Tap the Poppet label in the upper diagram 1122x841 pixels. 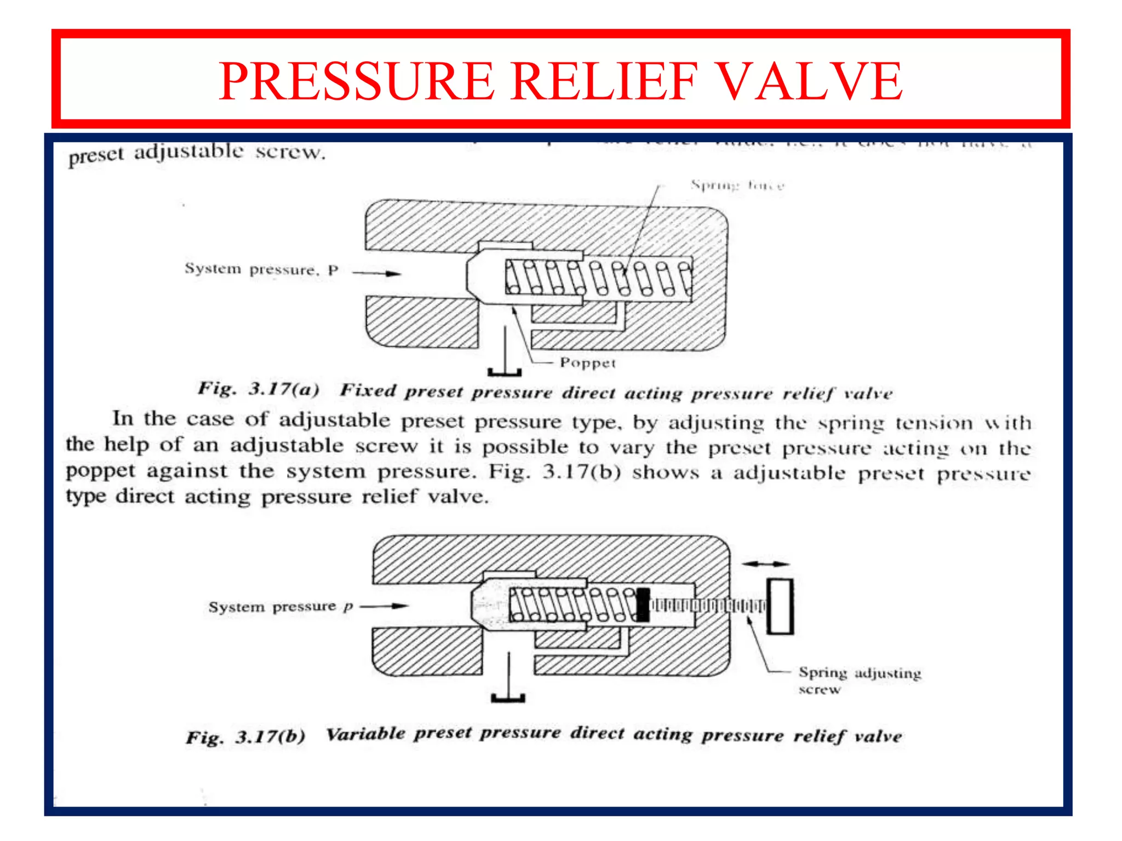587,363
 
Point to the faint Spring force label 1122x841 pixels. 737,185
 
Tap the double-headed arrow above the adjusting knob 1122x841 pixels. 765,563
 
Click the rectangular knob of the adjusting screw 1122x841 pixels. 780,606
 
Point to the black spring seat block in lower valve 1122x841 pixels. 643,605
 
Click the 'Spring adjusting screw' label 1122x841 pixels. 858,679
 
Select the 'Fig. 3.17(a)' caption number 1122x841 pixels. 258,389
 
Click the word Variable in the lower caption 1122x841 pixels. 365,734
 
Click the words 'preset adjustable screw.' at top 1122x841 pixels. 197,153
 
